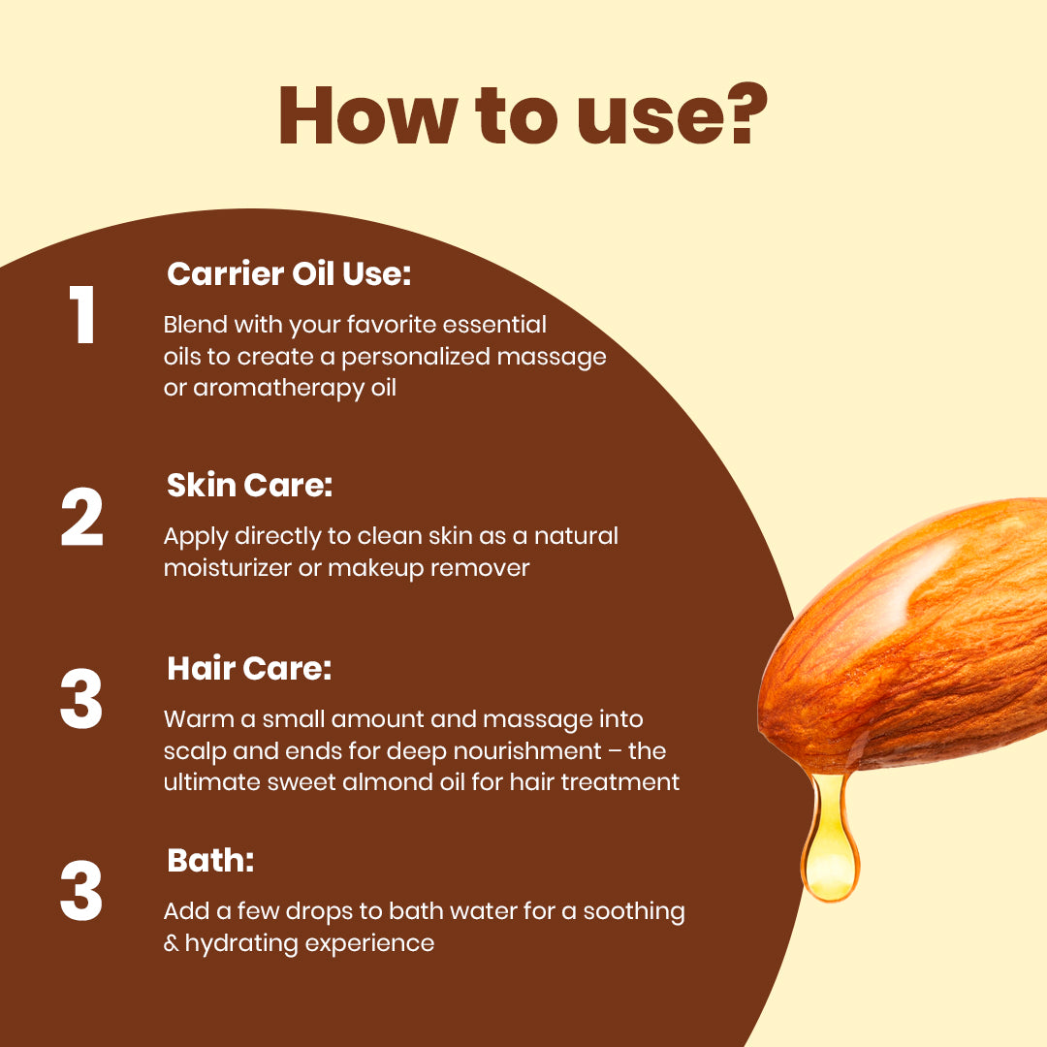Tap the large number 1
tap(82, 316)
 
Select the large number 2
tap(81, 519)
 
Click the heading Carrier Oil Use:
tap(289, 274)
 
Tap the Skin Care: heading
tap(249, 485)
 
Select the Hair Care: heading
tap(249, 668)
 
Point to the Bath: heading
tap(210, 860)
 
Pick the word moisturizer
tap(227, 567)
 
